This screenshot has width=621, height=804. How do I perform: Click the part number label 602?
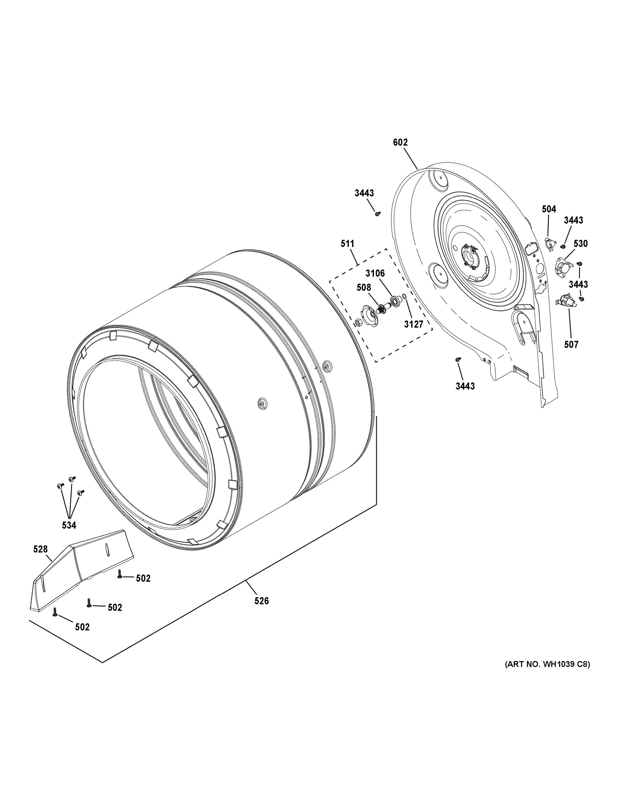tap(400, 142)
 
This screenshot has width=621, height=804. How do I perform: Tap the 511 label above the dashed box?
tap(347, 244)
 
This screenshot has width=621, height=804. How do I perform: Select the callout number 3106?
tap(375, 273)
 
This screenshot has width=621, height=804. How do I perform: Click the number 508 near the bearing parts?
tap(364, 288)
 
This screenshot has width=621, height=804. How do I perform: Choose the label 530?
tap(580, 244)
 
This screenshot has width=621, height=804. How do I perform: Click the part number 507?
tap(571, 345)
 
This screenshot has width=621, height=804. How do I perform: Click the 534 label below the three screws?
tap(69, 526)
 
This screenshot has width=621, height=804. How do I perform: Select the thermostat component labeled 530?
tap(562, 266)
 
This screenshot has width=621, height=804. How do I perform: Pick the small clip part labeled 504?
tap(549, 244)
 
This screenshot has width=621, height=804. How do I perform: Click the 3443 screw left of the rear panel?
tap(377, 213)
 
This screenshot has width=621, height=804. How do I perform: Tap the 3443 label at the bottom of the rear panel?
tap(465, 386)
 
